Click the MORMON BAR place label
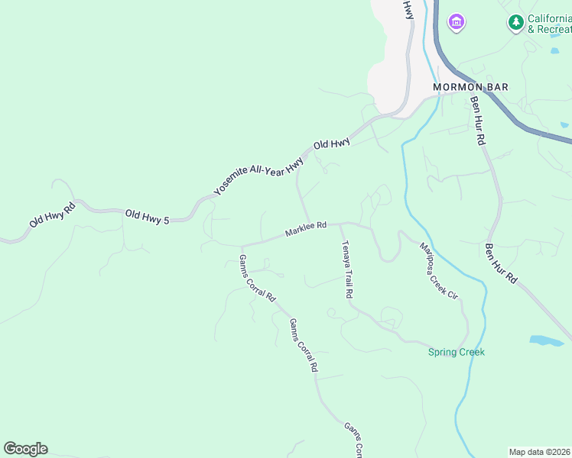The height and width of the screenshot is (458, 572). [x=470, y=87]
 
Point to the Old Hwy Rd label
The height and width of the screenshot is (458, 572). [x=52, y=214]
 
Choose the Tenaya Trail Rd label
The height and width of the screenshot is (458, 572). [x=346, y=269]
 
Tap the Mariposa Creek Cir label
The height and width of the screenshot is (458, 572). [x=438, y=270]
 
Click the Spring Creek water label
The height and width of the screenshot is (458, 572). [x=456, y=352]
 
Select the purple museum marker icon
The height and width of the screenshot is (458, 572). [x=457, y=22]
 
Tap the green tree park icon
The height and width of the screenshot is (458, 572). [x=516, y=22]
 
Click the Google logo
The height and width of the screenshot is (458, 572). [x=25, y=449]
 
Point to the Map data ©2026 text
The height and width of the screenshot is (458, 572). [x=539, y=452]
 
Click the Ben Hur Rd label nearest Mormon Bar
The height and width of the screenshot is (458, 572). [x=478, y=121]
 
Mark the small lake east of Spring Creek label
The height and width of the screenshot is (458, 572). [x=547, y=340]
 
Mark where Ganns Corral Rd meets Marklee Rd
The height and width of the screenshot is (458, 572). [x=241, y=246]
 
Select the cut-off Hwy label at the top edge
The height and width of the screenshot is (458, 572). [x=409, y=9]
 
